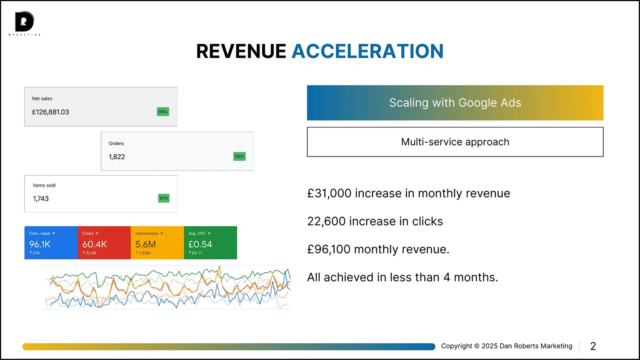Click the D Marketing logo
24,23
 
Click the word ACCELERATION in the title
368,51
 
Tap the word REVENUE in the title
241,51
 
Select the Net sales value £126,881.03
50,112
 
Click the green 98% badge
163,112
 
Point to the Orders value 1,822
117,157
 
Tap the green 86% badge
239,156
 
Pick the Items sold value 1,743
41,199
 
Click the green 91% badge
164,198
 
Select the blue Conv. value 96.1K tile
51,243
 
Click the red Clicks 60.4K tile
104,243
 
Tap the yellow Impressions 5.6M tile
157,243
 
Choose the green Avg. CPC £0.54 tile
211,243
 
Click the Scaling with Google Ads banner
455,103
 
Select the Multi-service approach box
455,142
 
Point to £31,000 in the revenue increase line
329,193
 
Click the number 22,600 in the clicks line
326,221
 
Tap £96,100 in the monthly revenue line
328,249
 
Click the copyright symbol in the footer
477,346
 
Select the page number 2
593,346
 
